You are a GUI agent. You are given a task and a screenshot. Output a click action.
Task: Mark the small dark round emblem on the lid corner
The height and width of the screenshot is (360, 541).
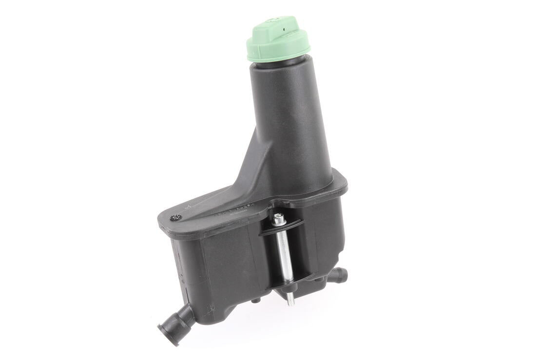coord(175,218)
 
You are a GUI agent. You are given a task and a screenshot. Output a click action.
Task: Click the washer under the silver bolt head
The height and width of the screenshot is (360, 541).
coord(279,225)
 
